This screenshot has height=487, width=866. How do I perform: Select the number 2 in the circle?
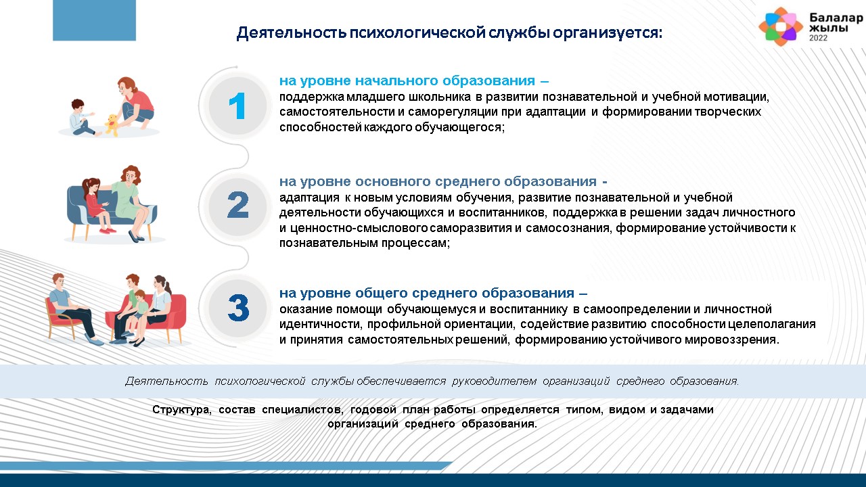pyautogui.click(x=237, y=204)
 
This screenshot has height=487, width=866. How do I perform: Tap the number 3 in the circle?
pyautogui.click(x=238, y=308)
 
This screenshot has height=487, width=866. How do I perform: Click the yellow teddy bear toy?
pyautogui.click(x=112, y=124)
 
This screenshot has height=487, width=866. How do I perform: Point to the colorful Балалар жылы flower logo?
pyautogui.click(x=781, y=26)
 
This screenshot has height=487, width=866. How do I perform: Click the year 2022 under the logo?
pyautogui.click(x=819, y=38)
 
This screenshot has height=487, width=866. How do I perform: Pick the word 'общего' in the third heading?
pyautogui.click(x=381, y=294)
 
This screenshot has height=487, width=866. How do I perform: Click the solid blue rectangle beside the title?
pyautogui.click(x=94, y=20)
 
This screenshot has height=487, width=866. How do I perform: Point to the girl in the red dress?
pyautogui.click(x=97, y=205)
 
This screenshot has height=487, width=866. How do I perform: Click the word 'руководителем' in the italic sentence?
pyautogui.click(x=494, y=381)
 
